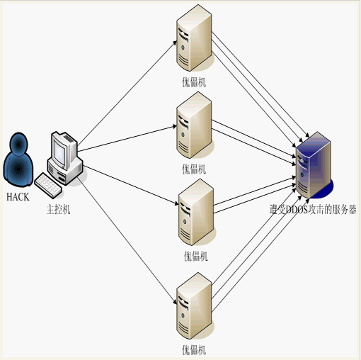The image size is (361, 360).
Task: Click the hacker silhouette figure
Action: [x=18, y=159]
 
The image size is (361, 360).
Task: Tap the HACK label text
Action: [x=18, y=197]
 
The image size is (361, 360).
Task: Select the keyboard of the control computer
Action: [x=48, y=185]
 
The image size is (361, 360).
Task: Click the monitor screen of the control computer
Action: [x=59, y=153]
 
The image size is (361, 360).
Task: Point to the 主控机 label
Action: [x=58, y=210]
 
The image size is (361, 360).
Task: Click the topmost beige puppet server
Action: [x=194, y=38]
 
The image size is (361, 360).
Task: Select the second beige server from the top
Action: [x=194, y=125]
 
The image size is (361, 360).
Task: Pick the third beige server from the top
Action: [x=196, y=212]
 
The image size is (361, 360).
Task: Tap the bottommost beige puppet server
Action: [x=194, y=305]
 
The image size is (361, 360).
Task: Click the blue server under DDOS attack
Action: [x=314, y=165]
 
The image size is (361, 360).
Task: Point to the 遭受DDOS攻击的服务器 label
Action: [x=313, y=209]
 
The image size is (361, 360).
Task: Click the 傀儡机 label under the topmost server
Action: [x=194, y=82]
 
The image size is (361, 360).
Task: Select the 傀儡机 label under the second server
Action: [x=194, y=169]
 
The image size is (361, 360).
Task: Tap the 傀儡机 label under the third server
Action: [x=196, y=257]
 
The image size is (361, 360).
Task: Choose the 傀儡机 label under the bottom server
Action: [x=194, y=350]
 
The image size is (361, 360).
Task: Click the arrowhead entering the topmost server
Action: [x=175, y=43]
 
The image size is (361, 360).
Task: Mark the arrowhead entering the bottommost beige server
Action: [x=175, y=302]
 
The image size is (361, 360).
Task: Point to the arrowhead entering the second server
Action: [x=175, y=126]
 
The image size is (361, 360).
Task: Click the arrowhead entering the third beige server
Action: [x=176, y=203]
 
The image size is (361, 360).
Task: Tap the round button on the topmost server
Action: [x=183, y=47]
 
